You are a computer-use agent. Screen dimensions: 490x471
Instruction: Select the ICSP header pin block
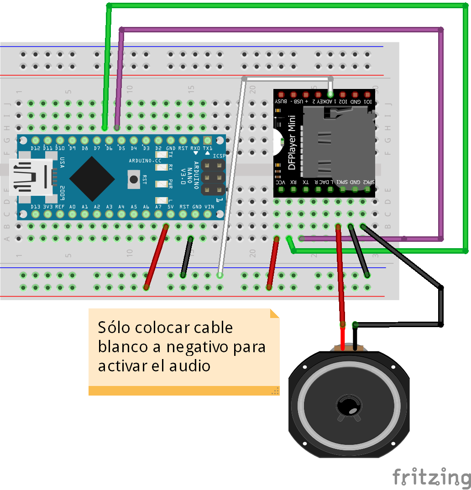pyautogui.click(x=213, y=177)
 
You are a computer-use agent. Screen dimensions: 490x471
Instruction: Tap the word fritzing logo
pyautogui.click(x=431, y=477)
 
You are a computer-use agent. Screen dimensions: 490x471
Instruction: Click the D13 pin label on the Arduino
pyautogui.click(x=36, y=207)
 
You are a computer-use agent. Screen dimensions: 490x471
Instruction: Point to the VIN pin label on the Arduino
pyautogui.click(x=209, y=207)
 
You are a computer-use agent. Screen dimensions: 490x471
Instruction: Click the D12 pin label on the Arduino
pyautogui.click(x=36, y=148)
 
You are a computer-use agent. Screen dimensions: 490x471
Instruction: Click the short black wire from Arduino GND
pyautogui.click(x=187, y=257)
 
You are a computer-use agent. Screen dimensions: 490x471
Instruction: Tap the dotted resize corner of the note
pyautogui.click(x=275, y=391)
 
